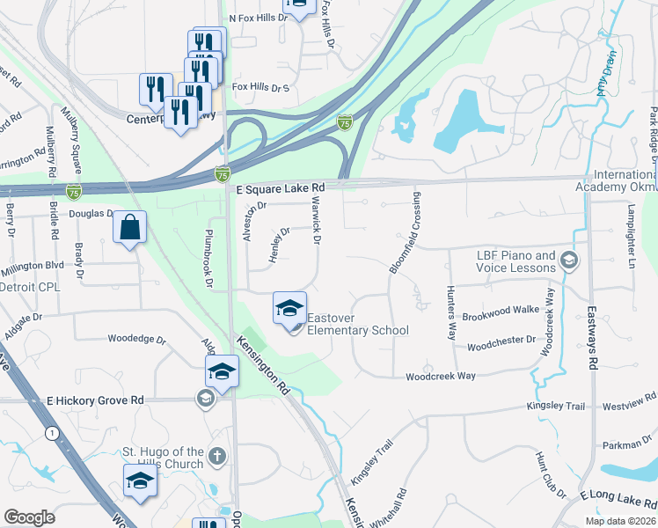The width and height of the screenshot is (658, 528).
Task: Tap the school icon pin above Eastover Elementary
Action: [x=289, y=310]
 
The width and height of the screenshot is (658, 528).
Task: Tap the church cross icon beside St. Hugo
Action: [x=217, y=457]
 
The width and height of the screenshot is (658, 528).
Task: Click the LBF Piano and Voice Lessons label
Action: [x=515, y=261]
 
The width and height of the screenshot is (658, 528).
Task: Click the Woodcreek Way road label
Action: [x=440, y=377]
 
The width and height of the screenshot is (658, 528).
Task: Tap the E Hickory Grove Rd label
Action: [x=95, y=400]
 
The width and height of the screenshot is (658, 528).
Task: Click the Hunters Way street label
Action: [x=451, y=314]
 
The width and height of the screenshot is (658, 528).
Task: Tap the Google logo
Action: [x=29, y=517]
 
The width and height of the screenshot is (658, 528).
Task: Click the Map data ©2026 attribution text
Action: [x=619, y=521]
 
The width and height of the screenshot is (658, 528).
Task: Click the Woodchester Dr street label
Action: [x=501, y=340]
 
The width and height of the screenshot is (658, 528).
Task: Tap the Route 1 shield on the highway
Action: [x=53, y=432]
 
